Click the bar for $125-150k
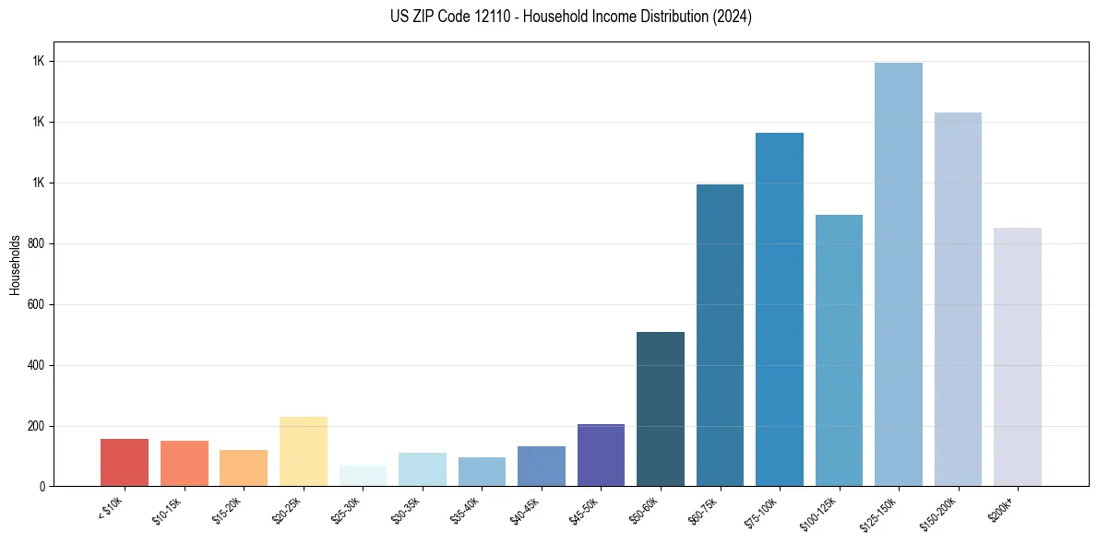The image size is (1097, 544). point(899,275)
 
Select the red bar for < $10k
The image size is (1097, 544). point(125,463)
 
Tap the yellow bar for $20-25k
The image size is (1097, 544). point(304,452)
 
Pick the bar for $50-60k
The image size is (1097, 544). point(661,409)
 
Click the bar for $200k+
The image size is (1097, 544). point(1018,357)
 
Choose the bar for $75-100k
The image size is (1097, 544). point(780,310)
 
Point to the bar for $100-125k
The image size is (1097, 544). point(839,350)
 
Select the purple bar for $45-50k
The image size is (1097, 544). point(601,455)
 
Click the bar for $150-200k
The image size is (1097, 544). point(958,300)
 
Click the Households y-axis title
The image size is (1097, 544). point(15,265)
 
